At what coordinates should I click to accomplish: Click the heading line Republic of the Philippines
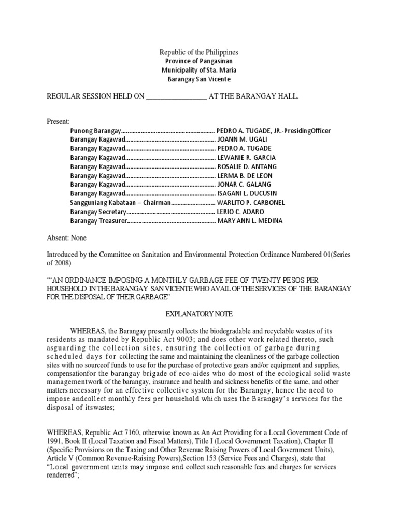[x=198, y=53]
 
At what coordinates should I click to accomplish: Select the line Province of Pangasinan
[x=198, y=62]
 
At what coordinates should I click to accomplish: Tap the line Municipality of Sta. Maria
[x=198, y=71]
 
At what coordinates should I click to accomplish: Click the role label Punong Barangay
[x=95, y=131]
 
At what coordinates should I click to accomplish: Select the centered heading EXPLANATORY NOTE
[x=198, y=314]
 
